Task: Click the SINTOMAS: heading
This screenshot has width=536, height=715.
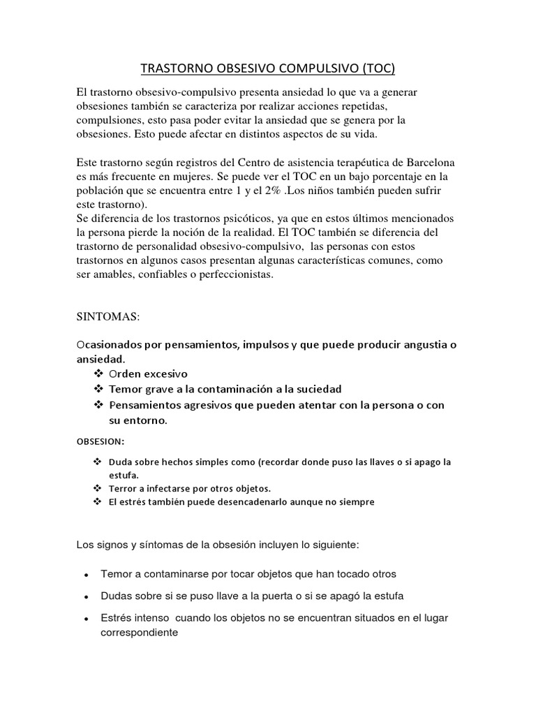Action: click(x=108, y=317)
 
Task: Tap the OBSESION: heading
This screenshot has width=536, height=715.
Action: click(x=100, y=441)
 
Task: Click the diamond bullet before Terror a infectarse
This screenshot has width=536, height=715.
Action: click(x=97, y=487)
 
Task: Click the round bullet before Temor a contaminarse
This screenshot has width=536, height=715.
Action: click(x=85, y=575)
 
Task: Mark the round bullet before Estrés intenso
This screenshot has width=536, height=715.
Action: click(x=85, y=619)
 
